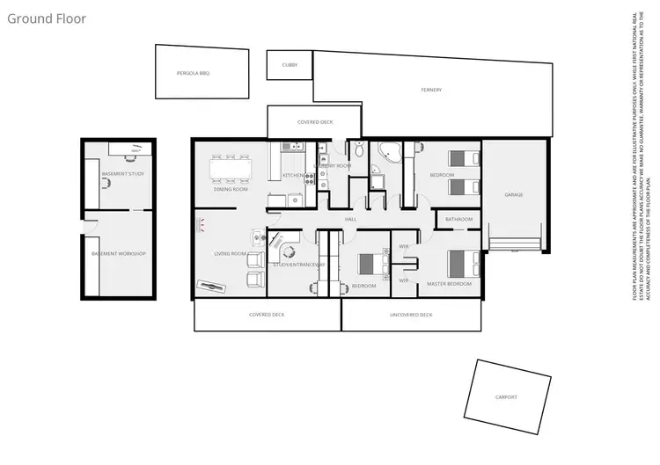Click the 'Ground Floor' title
pyautogui.click(x=47, y=18)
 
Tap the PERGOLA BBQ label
pyautogui.click(x=193, y=73)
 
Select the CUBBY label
pyautogui.click(x=290, y=65)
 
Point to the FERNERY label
pyautogui.click(x=430, y=90)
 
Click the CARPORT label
pyautogui.click(x=506, y=397)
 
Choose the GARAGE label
pyautogui.click(x=514, y=194)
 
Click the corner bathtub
pyautogui.click(x=386, y=156)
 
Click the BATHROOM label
pyautogui.click(x=458, y=219)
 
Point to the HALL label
pyautogui.click(x=349, y=218)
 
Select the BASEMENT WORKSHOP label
pyautogui.click(x=118, y=254)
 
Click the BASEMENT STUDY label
pyautogui.click(x=122, y=174)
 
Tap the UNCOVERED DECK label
pyautogui.click(x=411, y=314)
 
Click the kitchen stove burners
pyautogui.click(x=310, y=176)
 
